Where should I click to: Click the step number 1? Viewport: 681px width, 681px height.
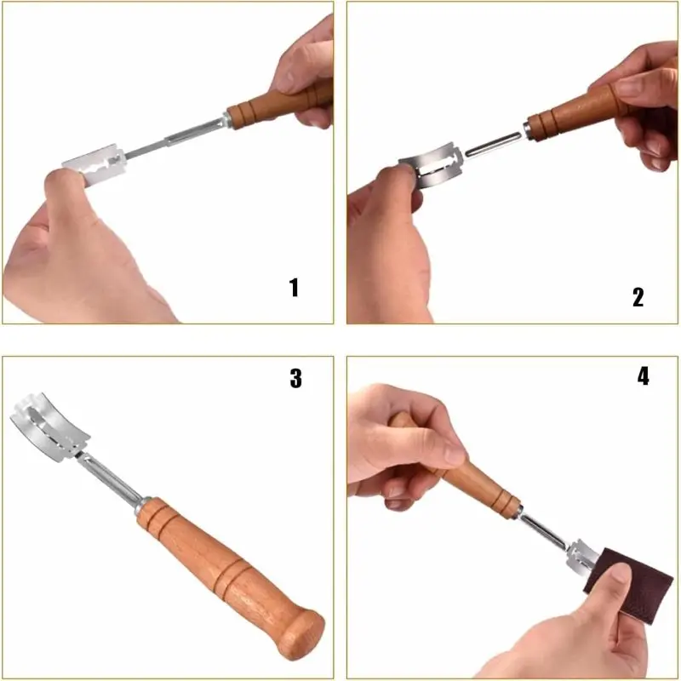pyautogui.click(x=294, y=288)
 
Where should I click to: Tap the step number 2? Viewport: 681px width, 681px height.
pyautogui.click(x=638, y=297)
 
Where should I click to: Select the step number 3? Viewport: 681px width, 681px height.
pyautogui.click(x=295, y=378)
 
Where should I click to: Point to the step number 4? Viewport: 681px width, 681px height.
pyautogui.click(x=644, y=375)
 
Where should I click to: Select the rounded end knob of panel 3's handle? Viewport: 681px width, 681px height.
pyautogui.click(x=302, y=634)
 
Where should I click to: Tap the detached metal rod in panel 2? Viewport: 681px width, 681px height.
pyautogui.click(x=493, y=144)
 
